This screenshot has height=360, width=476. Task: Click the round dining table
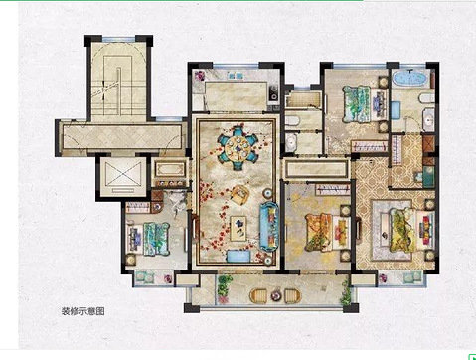[x=238, y=147]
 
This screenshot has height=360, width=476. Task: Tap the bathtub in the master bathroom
[x=409, y=79]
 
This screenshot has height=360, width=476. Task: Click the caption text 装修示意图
[x=83, y=311]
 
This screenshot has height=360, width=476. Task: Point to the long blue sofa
[x=269, y=226]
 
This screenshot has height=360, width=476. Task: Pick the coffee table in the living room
[x=238, y=228]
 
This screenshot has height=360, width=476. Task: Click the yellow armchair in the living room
[x=239, y=194]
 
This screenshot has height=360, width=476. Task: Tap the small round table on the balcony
[x=275, y=295]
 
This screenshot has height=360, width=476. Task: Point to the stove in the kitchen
[x=274, y=92]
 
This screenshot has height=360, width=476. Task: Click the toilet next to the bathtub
[x=426, y=98]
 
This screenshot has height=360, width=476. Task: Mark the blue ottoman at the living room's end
[x=238, y=256]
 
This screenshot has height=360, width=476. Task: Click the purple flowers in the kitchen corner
[x=200, y=76]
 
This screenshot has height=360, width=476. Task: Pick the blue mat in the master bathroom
[x=396, y=110]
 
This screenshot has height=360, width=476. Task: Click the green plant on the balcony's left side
[x=225, y=288]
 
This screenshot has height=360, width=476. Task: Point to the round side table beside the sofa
[x=267, y=193]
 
